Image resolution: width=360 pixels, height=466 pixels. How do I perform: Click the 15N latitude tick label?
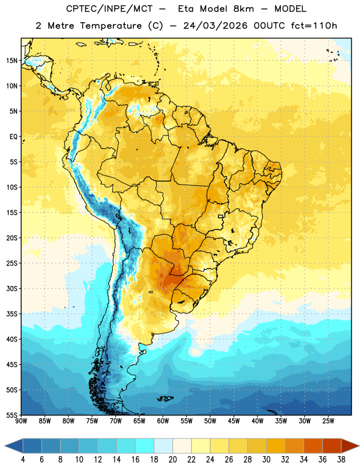12,61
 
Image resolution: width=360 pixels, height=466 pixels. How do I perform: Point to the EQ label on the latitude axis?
13,137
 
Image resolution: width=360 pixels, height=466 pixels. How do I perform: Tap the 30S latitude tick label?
12,288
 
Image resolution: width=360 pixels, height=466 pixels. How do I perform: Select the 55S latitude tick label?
12,415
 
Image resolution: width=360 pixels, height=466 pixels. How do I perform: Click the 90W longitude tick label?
21,421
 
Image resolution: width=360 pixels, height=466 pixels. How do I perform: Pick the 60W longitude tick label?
163,421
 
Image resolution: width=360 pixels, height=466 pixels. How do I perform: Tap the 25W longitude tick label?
328,421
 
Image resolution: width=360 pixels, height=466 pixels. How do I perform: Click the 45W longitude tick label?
234,421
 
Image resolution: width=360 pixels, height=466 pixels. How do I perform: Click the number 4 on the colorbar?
23,460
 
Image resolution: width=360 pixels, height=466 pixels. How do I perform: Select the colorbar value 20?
172,460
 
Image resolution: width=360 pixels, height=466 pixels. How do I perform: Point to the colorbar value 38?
341,460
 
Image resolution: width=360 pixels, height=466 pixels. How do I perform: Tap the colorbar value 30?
266,460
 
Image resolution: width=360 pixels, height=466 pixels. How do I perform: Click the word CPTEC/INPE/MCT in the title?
109,9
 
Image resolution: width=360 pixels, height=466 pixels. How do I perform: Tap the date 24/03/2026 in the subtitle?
215,26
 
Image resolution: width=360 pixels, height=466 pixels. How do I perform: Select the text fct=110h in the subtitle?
314,26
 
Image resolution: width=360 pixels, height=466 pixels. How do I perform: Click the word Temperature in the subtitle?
111,26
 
